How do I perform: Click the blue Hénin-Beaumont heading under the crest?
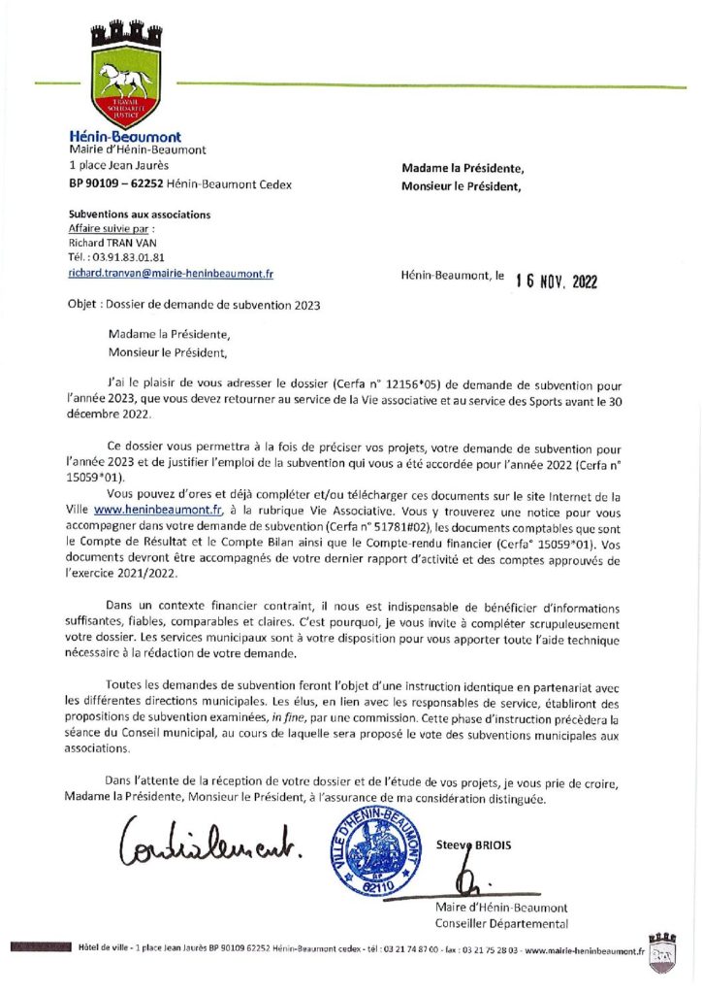pos(125,137)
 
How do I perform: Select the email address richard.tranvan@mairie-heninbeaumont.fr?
pos(171,275)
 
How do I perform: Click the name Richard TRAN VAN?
pos(106,243)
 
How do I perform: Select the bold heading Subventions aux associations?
pos(139,214)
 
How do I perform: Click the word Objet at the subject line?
pos(84,304)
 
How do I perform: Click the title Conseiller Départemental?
pos(501,923)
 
